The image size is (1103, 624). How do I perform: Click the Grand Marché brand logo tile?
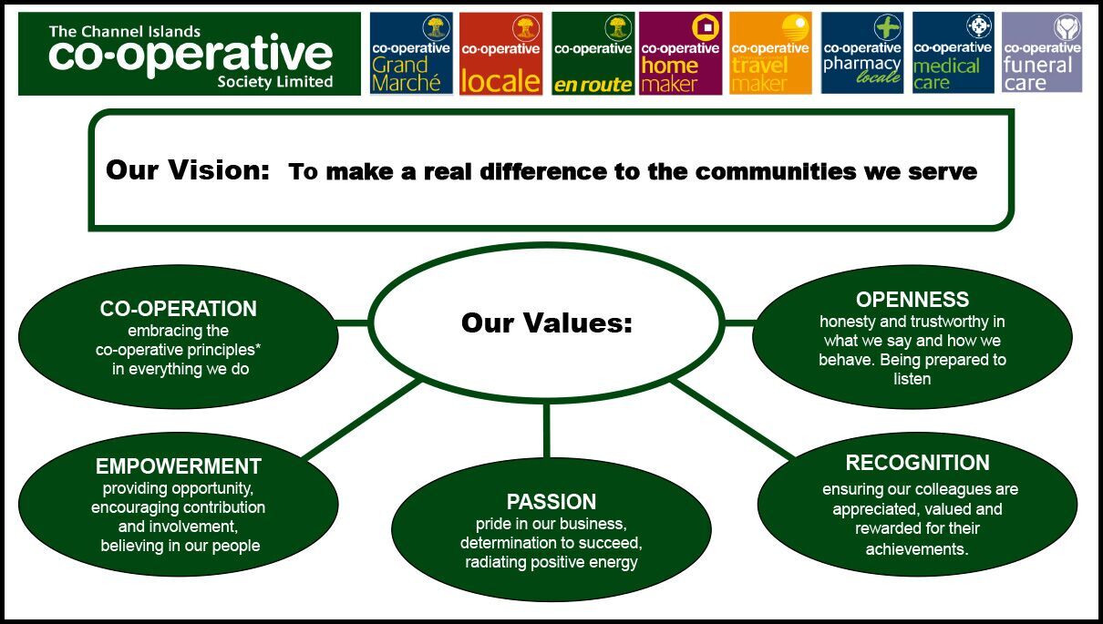pyautogui.click(x=411, y=53)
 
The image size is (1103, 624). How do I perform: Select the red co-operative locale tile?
pyautogui.click(x=500, y=53)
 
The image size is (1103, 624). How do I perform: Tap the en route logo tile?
pyautogui.click(x=593, y=53)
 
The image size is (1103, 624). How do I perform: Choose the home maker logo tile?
pyautogui.click(x=681, y=53)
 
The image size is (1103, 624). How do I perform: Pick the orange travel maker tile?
pyautogui.click(x=770, y=53)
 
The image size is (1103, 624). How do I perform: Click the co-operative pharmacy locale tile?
pyautogui.click(x=862, y=53)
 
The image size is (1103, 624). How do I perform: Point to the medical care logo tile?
pyautogui.click(x=954, y=53)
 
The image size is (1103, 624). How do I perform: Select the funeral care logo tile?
pyautogui.click(x=1042, y=53)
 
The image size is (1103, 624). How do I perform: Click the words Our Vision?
pyautogui.click(x=188, y=169)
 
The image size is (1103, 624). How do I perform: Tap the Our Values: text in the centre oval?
pyautogui.click(x=547, y=322)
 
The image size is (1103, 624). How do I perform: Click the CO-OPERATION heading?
pyautogui.click(x=179, y=309)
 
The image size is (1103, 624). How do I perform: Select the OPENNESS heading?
pyautogui.click(x=912, y=300)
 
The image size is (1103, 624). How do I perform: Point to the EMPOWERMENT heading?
pyautogui.click(x=179, y=466)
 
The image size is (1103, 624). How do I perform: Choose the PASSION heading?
pyautogui.click(x=551, y=502)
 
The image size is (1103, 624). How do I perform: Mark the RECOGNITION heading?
pyautogui.click(x=917, y=463)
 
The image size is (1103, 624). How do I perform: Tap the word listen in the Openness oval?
pyautogui.click(x=912, y=379)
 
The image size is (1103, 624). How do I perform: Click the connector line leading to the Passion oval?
pyautogui.click(x=547, y=431)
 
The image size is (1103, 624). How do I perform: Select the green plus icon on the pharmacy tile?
pyautogui.click(x=888, y=27)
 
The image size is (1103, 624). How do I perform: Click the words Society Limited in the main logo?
pyautogui.click(x=275, y=82)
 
